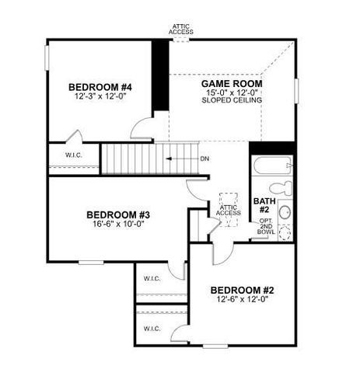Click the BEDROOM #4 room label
pos(100,86)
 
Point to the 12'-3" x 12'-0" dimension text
pos(100,97)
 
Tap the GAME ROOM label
pos(231,83)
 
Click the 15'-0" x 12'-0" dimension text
pos(231,92)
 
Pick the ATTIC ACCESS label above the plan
pos(183,29)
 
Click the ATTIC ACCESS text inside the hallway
pos(228,212)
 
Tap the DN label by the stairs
pos(204,159)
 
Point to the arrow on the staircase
pos(180,159)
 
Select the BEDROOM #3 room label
pos(117,214)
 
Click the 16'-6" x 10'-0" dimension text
pos(117,224)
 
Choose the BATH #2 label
pos(262,205)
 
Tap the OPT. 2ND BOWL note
pos(266,228)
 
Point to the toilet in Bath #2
pos(285,187)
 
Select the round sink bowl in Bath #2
pos(285,211)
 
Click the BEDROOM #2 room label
pos(242,290)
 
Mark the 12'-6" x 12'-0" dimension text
pos(242,301)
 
